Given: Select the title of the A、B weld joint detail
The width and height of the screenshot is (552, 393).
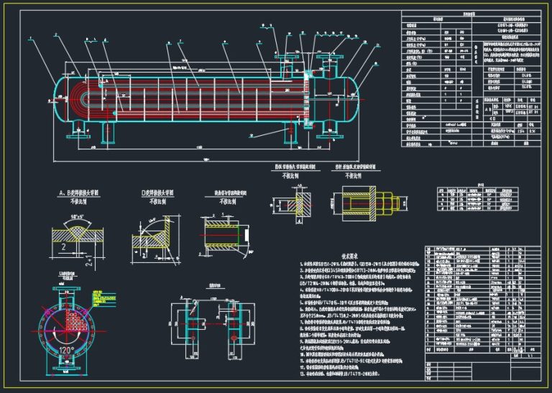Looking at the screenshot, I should [73, 194].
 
